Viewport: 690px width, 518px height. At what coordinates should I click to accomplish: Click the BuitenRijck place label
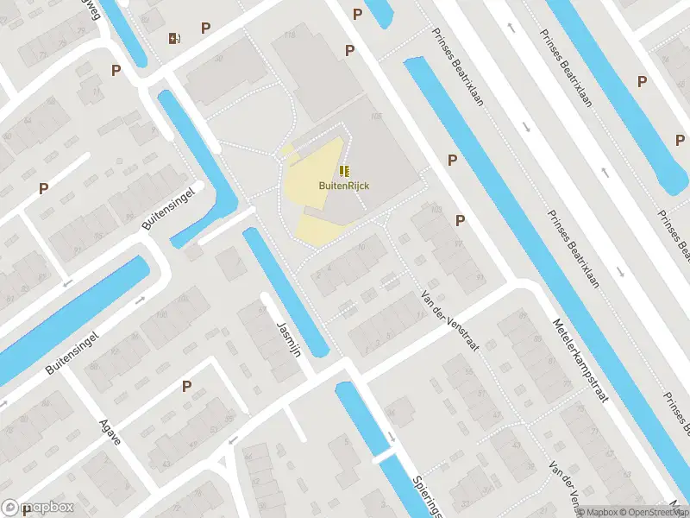(344, 185)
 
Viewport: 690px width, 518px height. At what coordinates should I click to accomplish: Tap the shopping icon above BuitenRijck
(344, 170)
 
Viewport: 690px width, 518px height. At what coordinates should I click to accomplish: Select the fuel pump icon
(174, 37)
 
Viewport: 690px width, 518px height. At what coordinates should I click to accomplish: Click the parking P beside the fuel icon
(205, 28)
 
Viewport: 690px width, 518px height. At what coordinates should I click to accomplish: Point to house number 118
(288, 35)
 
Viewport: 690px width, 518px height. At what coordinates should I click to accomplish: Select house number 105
(375, 117)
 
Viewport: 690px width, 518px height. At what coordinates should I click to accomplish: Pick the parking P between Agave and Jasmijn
(185, 387)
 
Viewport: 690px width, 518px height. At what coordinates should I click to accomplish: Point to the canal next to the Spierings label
(379, 449)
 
